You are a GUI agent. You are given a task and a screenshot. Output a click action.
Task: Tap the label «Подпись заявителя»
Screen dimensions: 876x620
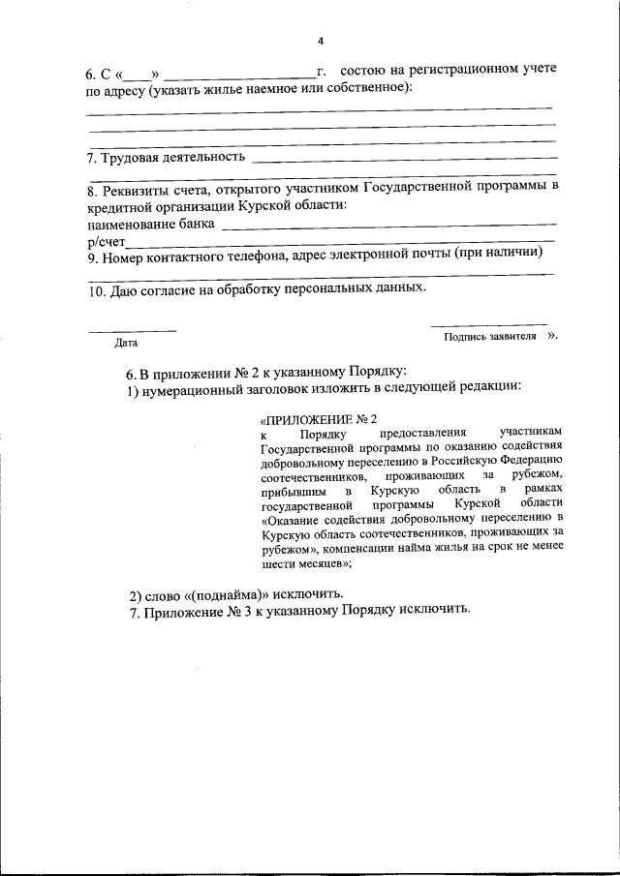(490, 337)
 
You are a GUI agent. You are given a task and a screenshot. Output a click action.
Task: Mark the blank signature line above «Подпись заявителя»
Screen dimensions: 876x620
(489, 324)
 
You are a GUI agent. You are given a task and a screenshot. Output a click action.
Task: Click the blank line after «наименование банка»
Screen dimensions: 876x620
(387, 226)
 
